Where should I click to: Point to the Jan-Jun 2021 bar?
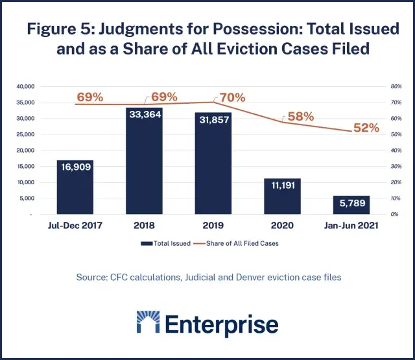351,204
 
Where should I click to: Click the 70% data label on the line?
232,98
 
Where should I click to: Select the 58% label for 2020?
300,117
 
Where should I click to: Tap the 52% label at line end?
366,128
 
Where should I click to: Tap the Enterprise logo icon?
150,323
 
